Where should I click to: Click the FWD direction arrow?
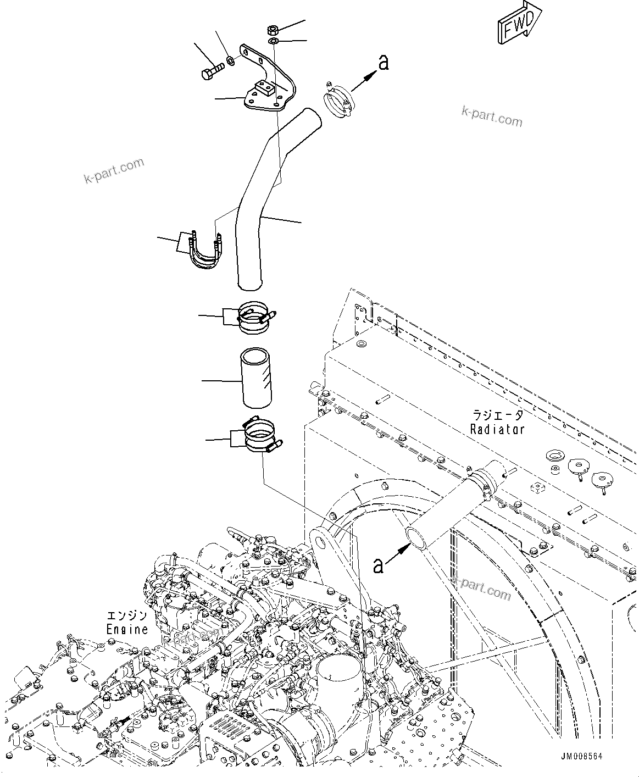(519, 24)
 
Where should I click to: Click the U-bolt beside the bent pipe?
(204, 253)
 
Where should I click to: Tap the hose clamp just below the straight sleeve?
(261, 436)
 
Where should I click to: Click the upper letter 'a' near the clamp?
(384, 63)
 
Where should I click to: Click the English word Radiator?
(497, 429)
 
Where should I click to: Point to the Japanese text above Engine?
(127, 615)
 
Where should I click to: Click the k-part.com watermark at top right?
(492, 116)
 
